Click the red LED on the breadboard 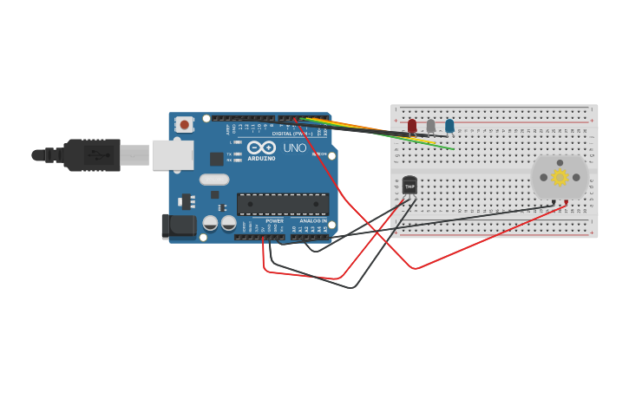coord(412,126)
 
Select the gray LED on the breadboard coord(430,126)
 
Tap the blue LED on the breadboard coord(449,126)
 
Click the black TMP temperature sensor coord(410,185)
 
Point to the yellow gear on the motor coord(560,177)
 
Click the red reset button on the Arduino coord(184,125)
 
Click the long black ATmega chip coord(283,205)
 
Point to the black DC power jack coord(179,226)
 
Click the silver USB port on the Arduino coord(173,155)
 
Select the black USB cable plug coord(91,155)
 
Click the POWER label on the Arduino coord(274,221)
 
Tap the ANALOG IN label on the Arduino coord(313,221)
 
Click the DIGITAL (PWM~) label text coord(292,134)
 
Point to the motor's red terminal coord(567,202)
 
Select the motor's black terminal coord(554,202)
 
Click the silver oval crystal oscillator coord(213,180)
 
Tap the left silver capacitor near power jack coord(210,223)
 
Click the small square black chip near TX coord(216,159)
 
